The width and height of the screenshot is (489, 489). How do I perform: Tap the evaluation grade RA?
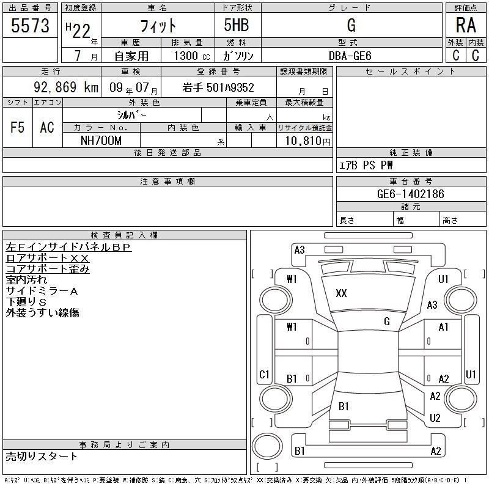466,25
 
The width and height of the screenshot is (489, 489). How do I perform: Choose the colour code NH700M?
101,141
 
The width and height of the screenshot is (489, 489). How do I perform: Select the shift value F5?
17,128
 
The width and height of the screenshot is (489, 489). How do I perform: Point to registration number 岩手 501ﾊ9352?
218,88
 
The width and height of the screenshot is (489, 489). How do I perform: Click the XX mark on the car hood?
341,293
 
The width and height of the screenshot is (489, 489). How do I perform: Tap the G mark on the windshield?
387,321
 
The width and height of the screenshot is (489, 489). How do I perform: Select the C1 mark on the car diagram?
265,374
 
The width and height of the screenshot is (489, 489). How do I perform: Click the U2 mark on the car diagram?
435,418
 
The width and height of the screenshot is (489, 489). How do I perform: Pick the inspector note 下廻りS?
26,302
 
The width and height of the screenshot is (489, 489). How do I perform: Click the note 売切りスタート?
42,456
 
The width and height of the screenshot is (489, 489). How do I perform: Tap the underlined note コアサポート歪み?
48,269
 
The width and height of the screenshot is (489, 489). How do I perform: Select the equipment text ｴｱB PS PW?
367,165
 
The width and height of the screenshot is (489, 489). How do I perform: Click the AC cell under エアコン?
47,128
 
